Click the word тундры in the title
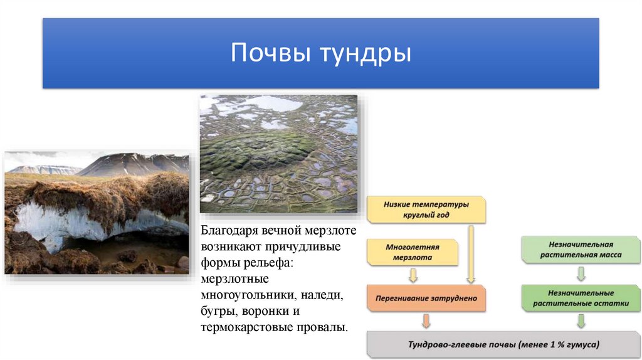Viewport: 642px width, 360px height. (366, 54)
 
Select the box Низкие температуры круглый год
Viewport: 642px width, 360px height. (426, 209)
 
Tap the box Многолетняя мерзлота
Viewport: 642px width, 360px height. (413, 252)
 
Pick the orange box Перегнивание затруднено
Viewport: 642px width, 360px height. (426, 298)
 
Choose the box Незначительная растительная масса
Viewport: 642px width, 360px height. (581, 250)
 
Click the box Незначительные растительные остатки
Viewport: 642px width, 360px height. (581, 298)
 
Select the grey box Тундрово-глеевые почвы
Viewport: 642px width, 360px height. (503, 344)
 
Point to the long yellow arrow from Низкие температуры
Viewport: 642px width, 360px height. (471, 255)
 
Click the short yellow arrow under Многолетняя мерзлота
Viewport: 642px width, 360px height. (413, 275)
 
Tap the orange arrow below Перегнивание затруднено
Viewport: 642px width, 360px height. (426, 320)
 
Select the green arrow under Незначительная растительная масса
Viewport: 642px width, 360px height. (581, 273)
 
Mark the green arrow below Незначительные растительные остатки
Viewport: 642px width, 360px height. (581, 321)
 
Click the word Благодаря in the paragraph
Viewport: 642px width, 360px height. (230, 231)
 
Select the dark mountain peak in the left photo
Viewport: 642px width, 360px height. (131, 163)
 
